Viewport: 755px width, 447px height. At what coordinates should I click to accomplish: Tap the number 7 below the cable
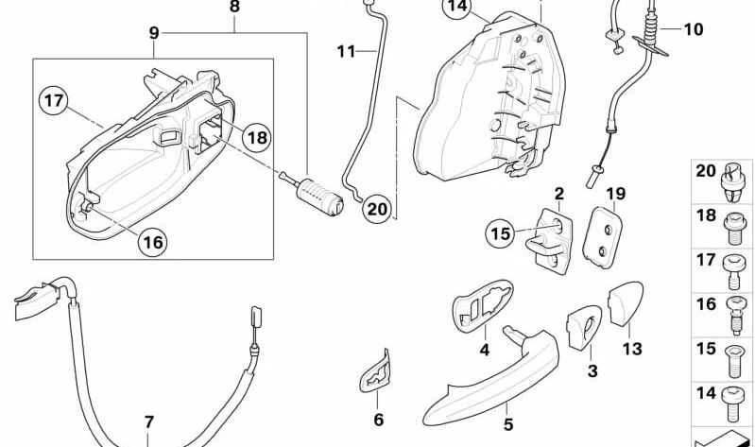coord(149,421)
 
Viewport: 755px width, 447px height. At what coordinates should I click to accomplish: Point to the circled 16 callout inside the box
coord(152,242)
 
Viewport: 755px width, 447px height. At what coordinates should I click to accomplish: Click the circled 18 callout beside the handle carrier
coord(257,137)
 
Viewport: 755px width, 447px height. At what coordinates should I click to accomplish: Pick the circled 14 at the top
coord(458,8)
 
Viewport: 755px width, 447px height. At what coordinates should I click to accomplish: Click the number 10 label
coord(694,29)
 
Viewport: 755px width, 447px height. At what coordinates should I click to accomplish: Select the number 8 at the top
coord(234,7)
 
